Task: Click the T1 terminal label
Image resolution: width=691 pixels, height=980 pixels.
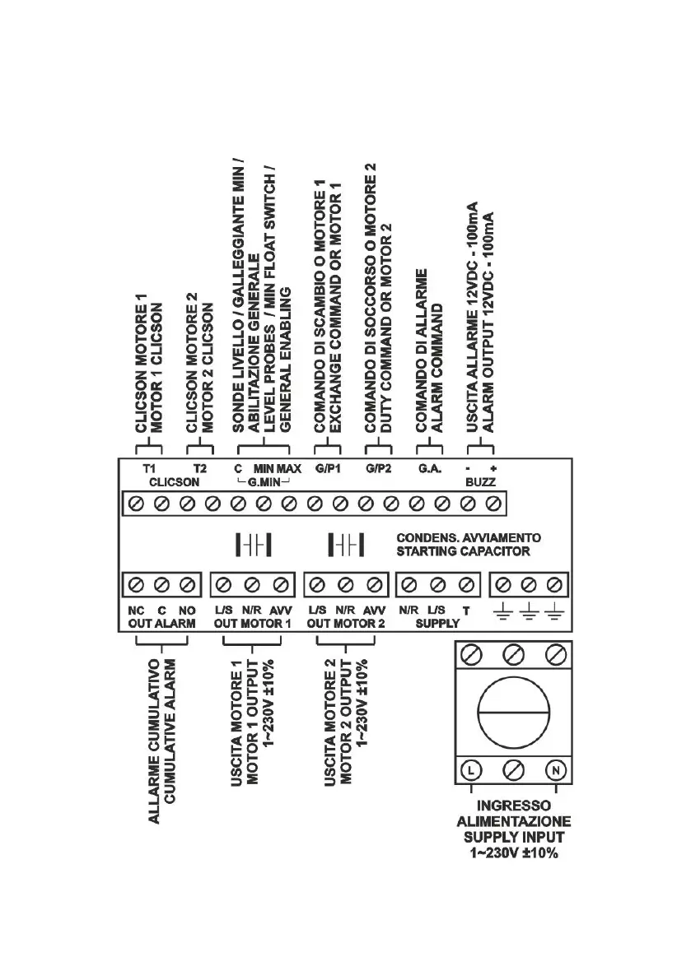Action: [x=149, y=467]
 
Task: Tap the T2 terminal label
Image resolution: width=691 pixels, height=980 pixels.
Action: [x=198, y=467]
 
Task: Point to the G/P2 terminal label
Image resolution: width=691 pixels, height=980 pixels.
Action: [x=378, y=467]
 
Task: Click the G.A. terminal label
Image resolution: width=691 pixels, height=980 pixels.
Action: [x=427, y=467]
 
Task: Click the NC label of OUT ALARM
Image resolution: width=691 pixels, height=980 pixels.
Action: [x=137, y=611]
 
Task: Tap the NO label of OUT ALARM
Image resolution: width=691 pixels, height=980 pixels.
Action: [x=187, y=611]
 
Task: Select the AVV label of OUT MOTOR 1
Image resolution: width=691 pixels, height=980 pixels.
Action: [x=282, y=611]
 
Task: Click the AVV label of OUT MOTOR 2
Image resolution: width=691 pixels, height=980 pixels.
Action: [x=375, y=611]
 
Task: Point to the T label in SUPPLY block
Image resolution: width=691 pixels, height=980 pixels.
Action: [x=466, y=611]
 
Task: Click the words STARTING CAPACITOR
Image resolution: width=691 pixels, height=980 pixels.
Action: [x=464, y=550]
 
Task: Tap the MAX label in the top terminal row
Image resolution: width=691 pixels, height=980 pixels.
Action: [x=289, y=467]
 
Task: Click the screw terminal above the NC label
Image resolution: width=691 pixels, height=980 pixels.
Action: [x=137, y=584]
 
